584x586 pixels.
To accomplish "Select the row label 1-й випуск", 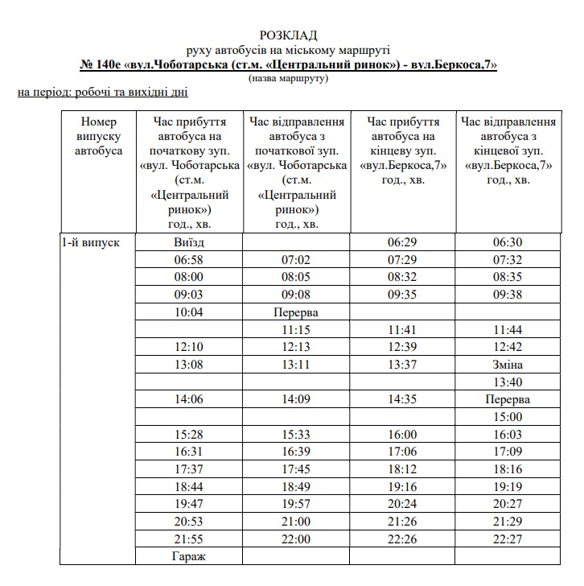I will [x=90, y=242].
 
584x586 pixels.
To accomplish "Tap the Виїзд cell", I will [x=189, y=242].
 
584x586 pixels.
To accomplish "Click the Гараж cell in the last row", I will [x=189, y=556].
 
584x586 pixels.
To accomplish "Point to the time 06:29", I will [x=402, y=242].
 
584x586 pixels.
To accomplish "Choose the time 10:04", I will [x=189, y=312].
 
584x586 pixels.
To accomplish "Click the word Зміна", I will [x=508, y=365].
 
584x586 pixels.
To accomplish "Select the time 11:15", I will [x=295, y=329].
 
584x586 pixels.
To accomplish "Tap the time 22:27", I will [x=508, y=539].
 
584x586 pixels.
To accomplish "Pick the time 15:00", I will [x=508, y=417].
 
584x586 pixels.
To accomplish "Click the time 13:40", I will [x=508, y=382].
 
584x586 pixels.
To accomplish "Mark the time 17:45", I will [x=295, y=469].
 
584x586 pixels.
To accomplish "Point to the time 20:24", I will [x=402, y=505].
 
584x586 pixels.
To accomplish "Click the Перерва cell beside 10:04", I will [x=295, y=312].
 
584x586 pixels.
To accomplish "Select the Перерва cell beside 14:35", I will [x=508, y=399].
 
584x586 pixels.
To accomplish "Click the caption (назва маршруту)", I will [x=289, y=78].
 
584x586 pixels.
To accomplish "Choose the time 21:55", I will [x=189, y=539].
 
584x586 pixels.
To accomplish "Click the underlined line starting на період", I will [x=102, y=93].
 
